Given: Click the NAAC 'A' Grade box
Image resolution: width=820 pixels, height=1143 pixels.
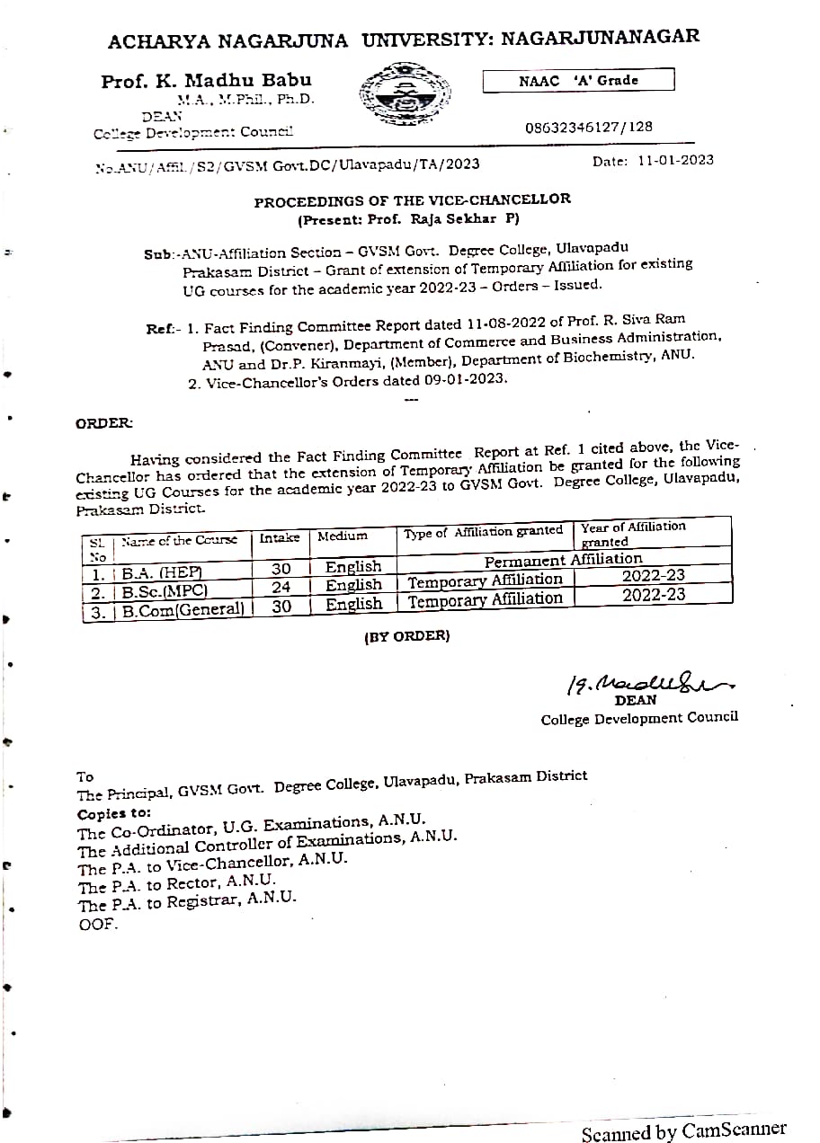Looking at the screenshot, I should point(578,81).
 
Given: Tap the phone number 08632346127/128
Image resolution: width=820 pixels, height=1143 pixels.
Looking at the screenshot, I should point(589,127).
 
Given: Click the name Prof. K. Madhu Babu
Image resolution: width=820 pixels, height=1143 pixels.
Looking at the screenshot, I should point(206,81).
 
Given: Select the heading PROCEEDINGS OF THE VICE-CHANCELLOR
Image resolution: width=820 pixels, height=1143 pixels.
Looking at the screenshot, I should point(412,200).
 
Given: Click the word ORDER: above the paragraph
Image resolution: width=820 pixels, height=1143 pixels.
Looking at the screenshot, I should point(104,423).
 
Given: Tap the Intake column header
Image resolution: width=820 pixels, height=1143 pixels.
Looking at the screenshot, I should point(280,537).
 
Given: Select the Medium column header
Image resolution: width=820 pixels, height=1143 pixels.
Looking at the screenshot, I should point(343,536).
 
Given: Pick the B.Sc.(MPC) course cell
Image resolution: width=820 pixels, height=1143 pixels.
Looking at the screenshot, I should point(165,590).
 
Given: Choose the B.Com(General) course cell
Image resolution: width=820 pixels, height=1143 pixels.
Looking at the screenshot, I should point(183,608).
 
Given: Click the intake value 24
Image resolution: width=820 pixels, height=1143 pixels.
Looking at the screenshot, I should point(281,588).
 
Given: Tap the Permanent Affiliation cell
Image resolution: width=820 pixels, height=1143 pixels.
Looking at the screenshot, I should point(563,561).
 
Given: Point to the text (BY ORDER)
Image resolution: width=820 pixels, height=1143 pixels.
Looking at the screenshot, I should point(406,636).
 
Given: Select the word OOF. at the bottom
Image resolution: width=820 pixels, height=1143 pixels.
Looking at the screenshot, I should point(98,924).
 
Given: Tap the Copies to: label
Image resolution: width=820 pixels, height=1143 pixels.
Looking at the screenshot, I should point(114,813).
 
